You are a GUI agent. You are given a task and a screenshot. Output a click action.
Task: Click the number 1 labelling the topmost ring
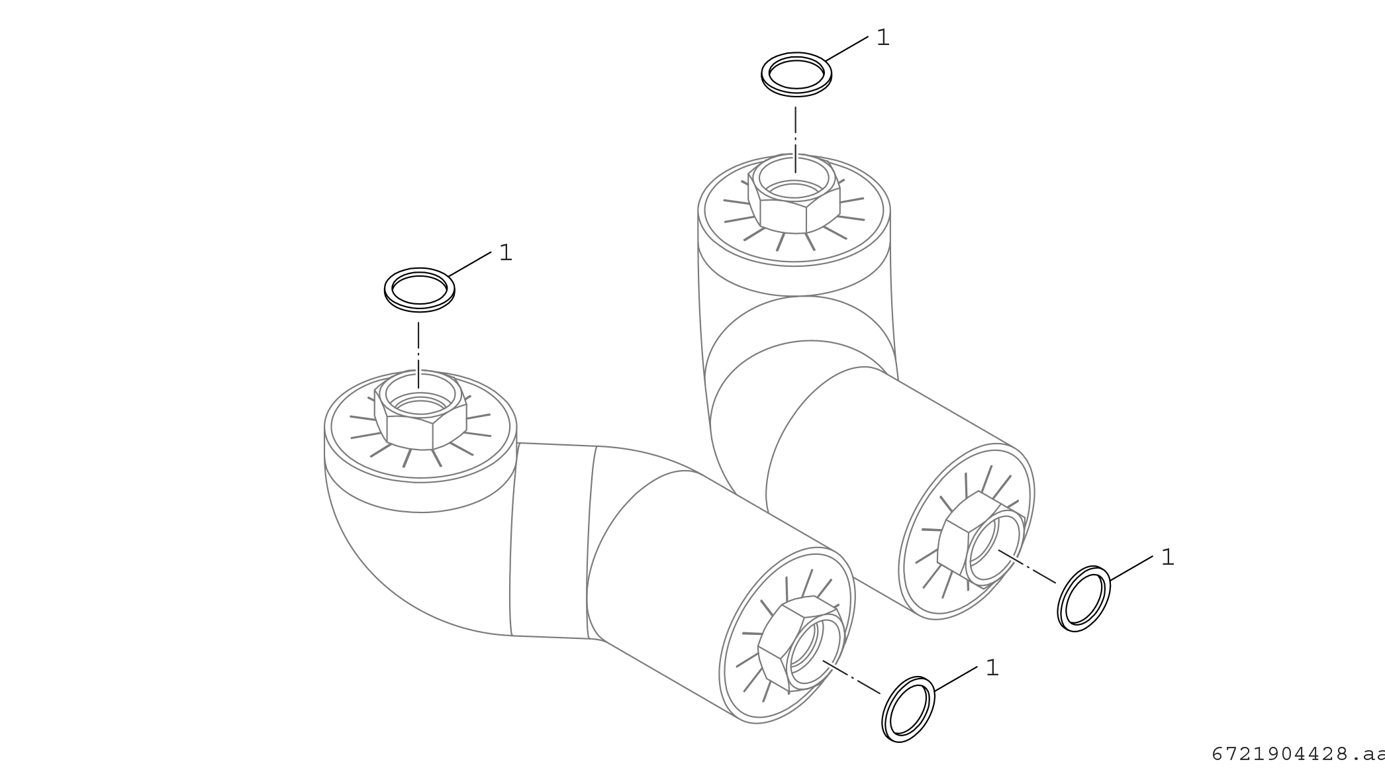point(883,38)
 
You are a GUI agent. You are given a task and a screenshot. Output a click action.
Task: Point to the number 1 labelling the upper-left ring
point(506,252)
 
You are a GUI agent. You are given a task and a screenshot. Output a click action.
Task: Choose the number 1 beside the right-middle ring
point(1167,557)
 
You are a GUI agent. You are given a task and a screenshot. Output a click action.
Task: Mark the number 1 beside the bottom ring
point(992,668)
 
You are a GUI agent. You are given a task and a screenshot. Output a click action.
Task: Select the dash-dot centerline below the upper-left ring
point(418,355)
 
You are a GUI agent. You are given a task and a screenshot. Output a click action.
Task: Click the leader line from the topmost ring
point(847,48)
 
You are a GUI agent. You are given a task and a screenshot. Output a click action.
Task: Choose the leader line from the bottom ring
point(956,679)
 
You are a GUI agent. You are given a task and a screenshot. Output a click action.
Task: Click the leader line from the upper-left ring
point(470,264)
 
